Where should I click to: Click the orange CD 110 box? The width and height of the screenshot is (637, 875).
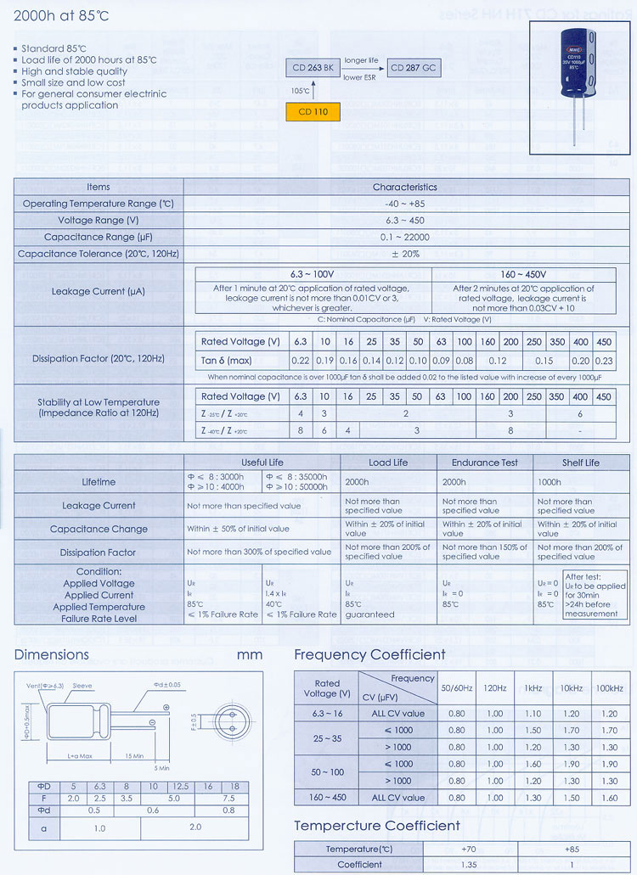coord(313,112)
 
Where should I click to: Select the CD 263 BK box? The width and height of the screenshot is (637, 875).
coord(313,69)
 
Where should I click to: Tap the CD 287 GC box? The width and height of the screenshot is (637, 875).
coord(414,69)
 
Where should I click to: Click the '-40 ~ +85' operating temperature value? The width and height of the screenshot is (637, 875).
coord(404,204)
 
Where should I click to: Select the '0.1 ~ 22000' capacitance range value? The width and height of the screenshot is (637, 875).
coord(404,237)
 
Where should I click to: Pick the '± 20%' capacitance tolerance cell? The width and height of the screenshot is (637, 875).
coord(404,254)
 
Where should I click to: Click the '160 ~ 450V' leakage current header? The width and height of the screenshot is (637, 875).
coord(524,274)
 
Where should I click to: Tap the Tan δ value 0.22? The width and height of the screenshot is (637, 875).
coord(300,361)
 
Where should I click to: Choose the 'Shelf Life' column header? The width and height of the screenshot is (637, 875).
coord(580,463)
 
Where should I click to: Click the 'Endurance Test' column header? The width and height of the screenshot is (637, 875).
coord(485,463)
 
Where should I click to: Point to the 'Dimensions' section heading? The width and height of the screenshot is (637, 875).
coord(51,654)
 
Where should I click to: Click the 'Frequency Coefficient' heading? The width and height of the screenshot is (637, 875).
coord(369,654)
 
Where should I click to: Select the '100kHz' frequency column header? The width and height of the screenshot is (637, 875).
coord(609,688)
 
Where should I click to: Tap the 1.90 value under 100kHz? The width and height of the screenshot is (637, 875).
coord(609,764)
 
